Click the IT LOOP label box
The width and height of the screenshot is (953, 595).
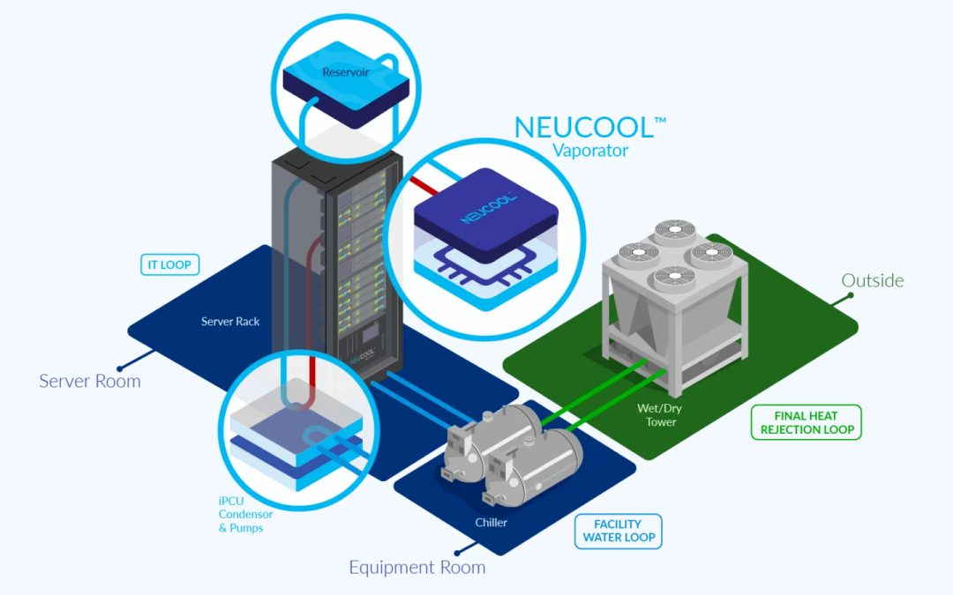pos(169,264)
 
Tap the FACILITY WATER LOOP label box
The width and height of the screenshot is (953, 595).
pos(618,531)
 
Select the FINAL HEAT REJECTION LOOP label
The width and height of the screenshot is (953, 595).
pos(806,423)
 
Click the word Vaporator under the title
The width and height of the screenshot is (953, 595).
pos(590,150)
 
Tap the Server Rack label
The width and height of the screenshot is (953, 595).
pos(230,322)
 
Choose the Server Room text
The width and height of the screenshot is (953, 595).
pos(89,382)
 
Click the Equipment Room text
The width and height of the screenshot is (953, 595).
pos(416,567)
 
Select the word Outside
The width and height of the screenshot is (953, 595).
pos(872,280)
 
